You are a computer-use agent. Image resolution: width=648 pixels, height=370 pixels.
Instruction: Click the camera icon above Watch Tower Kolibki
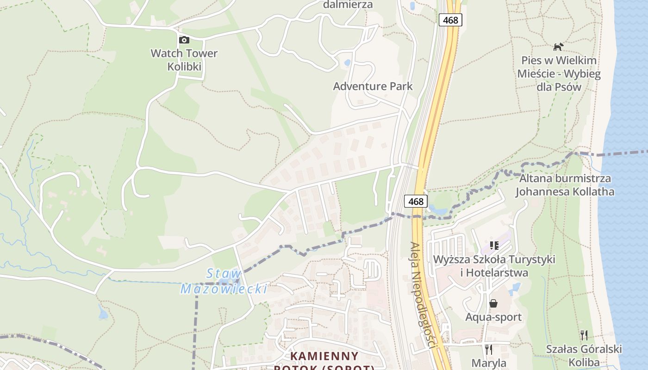click(184, 40)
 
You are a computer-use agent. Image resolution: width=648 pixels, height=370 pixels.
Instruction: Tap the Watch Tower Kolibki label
click(184, 60)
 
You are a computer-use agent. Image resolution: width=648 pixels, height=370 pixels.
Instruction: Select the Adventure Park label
click(373, 86)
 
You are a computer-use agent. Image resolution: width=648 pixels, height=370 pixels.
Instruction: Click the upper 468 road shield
click(450, 20)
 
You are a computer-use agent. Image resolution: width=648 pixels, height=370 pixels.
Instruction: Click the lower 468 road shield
click(416, 201)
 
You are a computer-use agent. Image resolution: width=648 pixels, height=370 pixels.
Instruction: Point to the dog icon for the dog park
click(559, 47)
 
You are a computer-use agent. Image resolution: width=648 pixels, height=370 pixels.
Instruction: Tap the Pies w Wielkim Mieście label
click(559, 74)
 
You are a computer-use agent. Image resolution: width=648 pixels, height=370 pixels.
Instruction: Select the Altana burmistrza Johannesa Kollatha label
click(565, 185)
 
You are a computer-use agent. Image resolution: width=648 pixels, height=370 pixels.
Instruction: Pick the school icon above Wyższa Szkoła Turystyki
click(494, 245)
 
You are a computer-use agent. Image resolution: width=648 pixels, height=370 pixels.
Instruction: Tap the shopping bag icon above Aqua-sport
click(493, 303)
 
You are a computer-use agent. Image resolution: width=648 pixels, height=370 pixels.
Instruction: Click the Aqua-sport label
click(493, 317)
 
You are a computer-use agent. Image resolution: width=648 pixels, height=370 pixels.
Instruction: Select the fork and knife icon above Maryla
click(489, 349)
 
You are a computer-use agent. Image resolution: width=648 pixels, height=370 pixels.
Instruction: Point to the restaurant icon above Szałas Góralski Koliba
click(584, 335)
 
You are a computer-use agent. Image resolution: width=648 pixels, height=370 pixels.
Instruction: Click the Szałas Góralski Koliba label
click(584, 355)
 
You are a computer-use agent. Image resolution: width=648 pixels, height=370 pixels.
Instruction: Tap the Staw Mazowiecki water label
click(224, 281)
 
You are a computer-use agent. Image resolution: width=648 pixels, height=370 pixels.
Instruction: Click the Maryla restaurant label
click(489, 363)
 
